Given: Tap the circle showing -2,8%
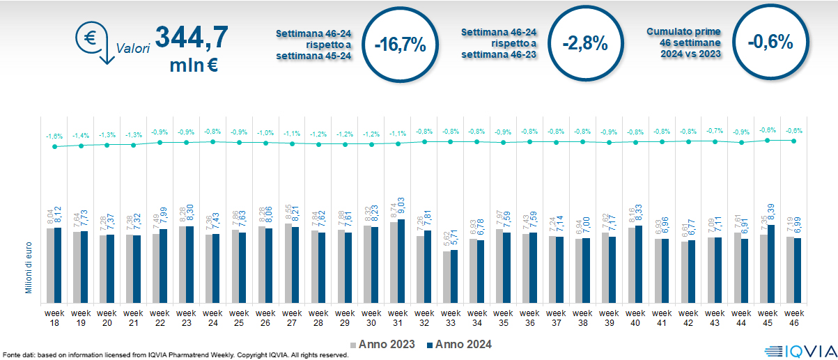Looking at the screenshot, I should [x=585, y=42].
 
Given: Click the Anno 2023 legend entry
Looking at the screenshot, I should [x=382, y=344].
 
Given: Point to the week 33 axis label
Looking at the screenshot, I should [x=451, y=318].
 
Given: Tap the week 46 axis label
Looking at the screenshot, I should [x=794, y=318].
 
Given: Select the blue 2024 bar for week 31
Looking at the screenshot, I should [x=401, y=260].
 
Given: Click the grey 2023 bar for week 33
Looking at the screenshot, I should [x=446, y=276].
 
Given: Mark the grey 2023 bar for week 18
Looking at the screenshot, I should [x=50, y=265].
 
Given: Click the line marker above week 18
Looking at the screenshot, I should [x=54, y=147].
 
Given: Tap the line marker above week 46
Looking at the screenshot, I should [x=794, y=141].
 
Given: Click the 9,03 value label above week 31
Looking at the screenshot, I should [x=401, y=209].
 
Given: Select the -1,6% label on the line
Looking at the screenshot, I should [x=54, y=136].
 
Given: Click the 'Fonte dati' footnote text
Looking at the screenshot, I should [x=174, y=355].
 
